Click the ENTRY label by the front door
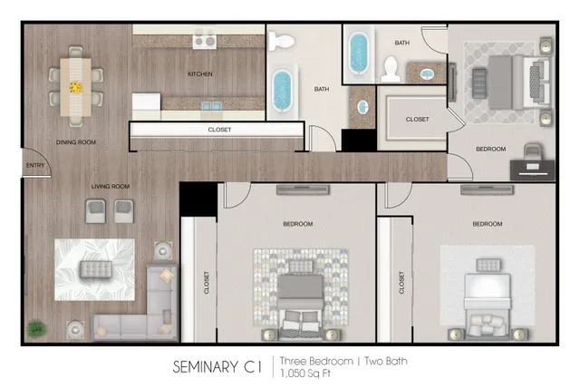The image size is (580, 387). coord(35,165)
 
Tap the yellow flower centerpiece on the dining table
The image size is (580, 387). coord(76,88)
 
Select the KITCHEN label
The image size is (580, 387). coord(199,74)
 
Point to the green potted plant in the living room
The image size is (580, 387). coord(36,329)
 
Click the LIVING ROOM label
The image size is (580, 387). coord(111,187)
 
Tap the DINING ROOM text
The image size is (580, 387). coord(76,142)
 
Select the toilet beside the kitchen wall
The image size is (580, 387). coord(281,42)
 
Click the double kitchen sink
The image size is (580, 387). coord(211,107)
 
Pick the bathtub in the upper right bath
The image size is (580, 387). coord(359,53)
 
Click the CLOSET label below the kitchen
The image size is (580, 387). coord(219,130)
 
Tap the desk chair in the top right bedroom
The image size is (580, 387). coord(532,151)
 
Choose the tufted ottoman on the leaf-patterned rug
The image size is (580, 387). coord(96,269)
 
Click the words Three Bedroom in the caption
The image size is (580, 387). coord(316,361)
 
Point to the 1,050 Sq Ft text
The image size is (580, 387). coord(305,372)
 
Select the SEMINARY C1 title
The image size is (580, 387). coord(217,367)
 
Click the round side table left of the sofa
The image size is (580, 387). coord(75,329)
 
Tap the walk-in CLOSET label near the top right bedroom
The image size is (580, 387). coord(417,120)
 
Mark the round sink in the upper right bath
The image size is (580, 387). coord(427,74)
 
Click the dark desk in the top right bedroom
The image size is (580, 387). coord(532,170)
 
